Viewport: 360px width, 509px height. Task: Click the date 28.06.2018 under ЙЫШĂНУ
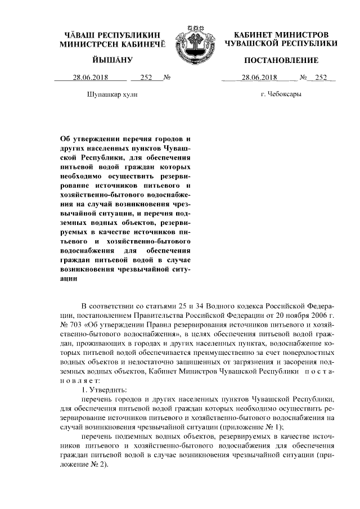pyautogui.click(x=90, y=78)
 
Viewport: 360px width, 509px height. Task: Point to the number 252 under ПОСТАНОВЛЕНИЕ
pyautogui.click(x=321, y=78)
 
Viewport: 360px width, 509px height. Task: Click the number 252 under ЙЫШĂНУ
pyautogui.click(x=146, y=78)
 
